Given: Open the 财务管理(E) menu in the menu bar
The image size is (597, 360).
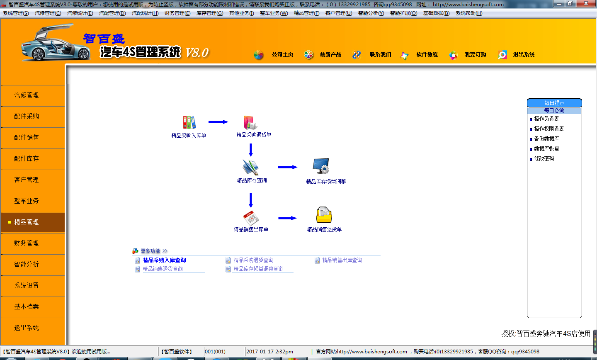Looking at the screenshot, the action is (x=177, y=13).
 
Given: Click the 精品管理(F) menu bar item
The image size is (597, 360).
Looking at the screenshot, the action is (x=306, y=13).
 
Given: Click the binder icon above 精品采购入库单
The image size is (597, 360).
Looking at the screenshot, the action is (x=189, y=122).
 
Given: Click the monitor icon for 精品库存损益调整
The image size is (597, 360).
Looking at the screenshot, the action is (x=321, y=166).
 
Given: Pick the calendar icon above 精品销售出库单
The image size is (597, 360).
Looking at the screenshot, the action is (x=251, y=218).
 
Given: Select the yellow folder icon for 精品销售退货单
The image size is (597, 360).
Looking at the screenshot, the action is (x=324, y=215).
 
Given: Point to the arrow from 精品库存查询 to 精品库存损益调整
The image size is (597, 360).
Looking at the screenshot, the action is (x=288, y=167).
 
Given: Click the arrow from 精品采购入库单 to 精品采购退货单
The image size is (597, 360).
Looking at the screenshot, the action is (x=218, y=122).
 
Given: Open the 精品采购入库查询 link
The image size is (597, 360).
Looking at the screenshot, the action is (x=165, y=260).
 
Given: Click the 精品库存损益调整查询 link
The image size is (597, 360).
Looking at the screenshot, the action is (x=258, y=269).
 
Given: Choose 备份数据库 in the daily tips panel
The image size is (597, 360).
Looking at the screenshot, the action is (x=546, y=139).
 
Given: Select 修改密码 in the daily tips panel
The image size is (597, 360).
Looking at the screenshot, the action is (x=544, y=159).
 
